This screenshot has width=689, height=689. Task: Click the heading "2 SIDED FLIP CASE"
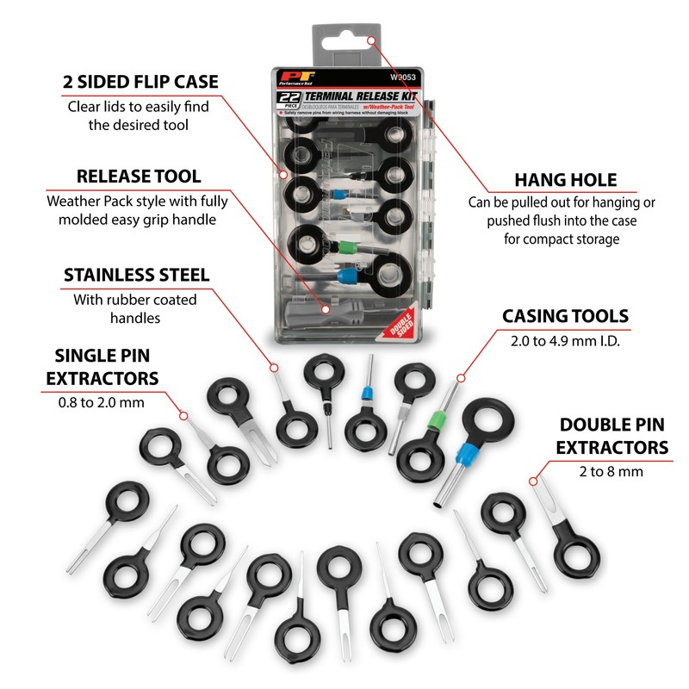(x=140, y=82)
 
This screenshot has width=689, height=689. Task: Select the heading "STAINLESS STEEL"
(x=136, y=276)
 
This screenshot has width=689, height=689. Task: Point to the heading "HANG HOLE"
(x=565, y=180)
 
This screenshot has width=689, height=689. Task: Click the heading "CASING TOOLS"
(x=565, y=316)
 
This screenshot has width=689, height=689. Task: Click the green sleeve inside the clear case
(x=345, y=247)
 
